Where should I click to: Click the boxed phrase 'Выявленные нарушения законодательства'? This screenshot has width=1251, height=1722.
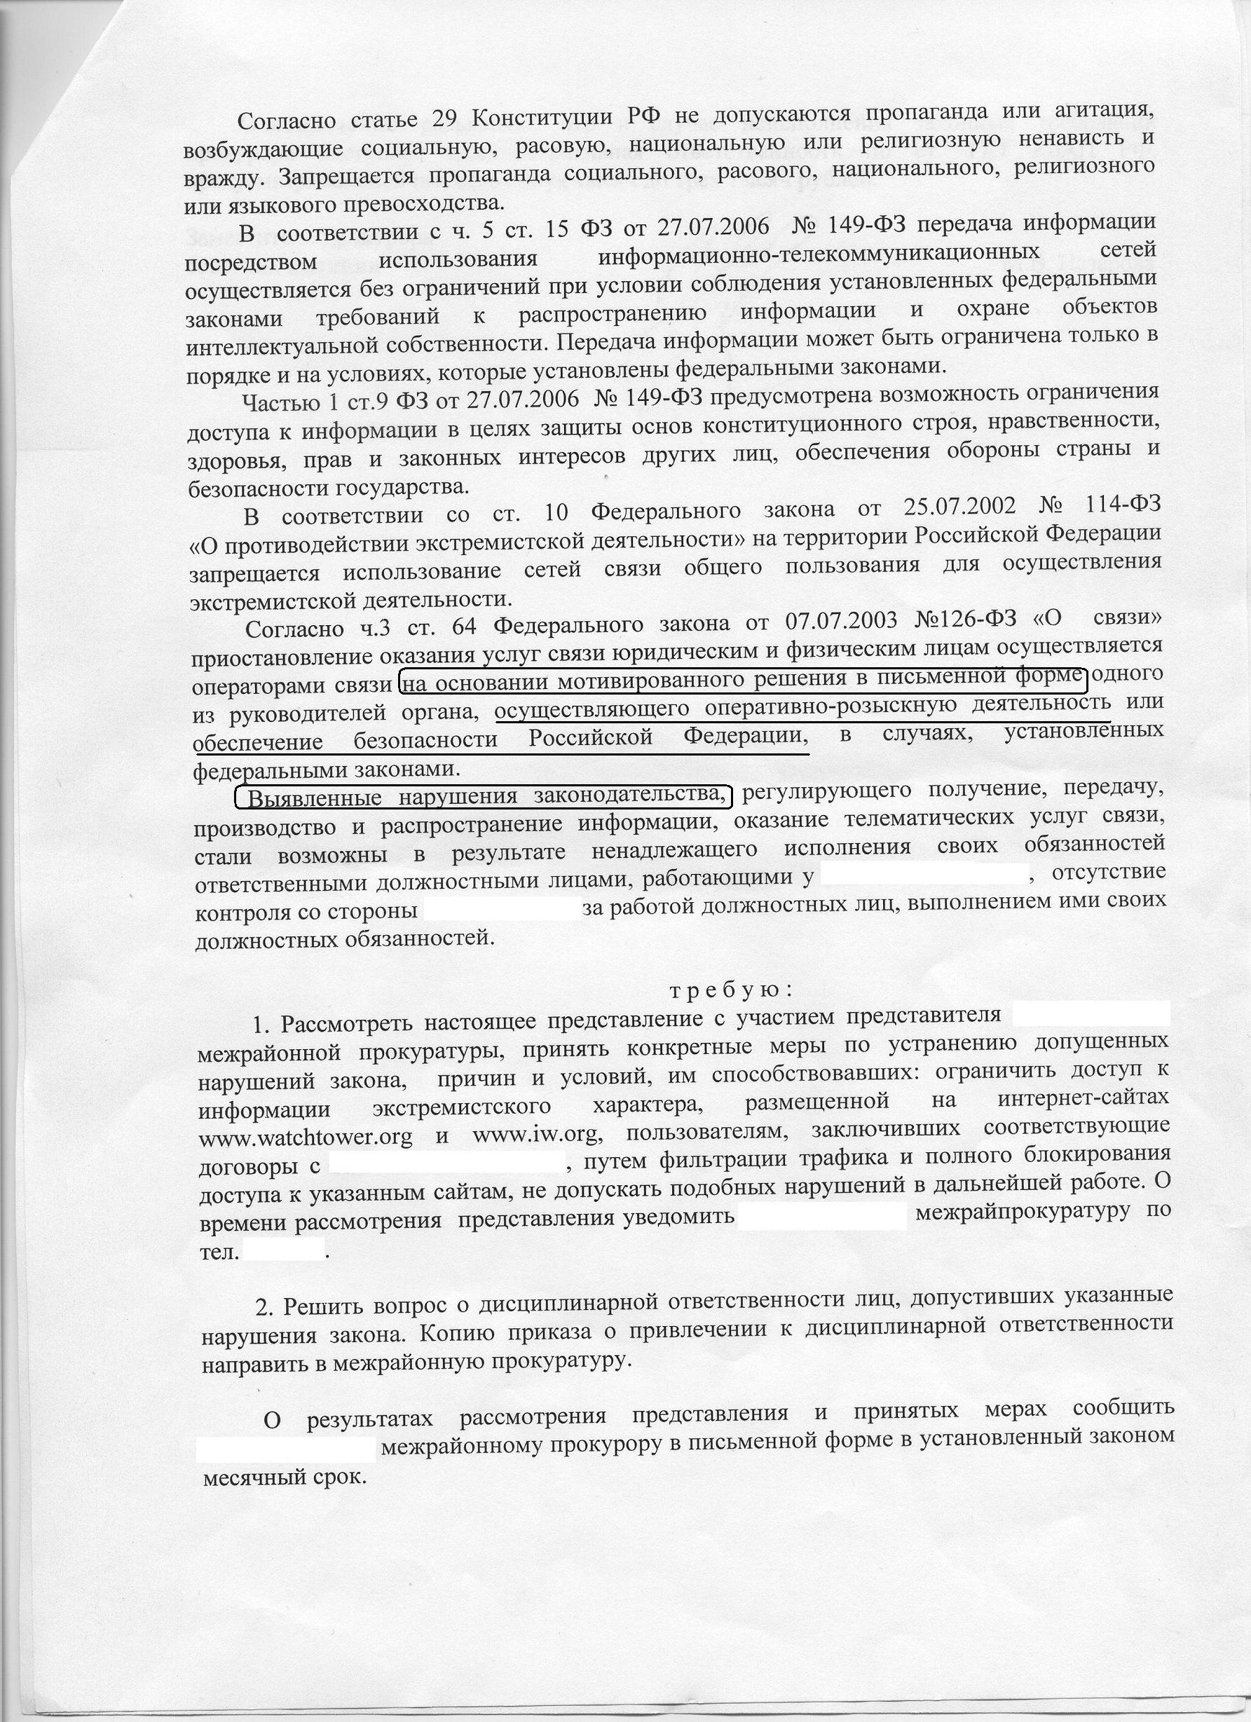point(484,798)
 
